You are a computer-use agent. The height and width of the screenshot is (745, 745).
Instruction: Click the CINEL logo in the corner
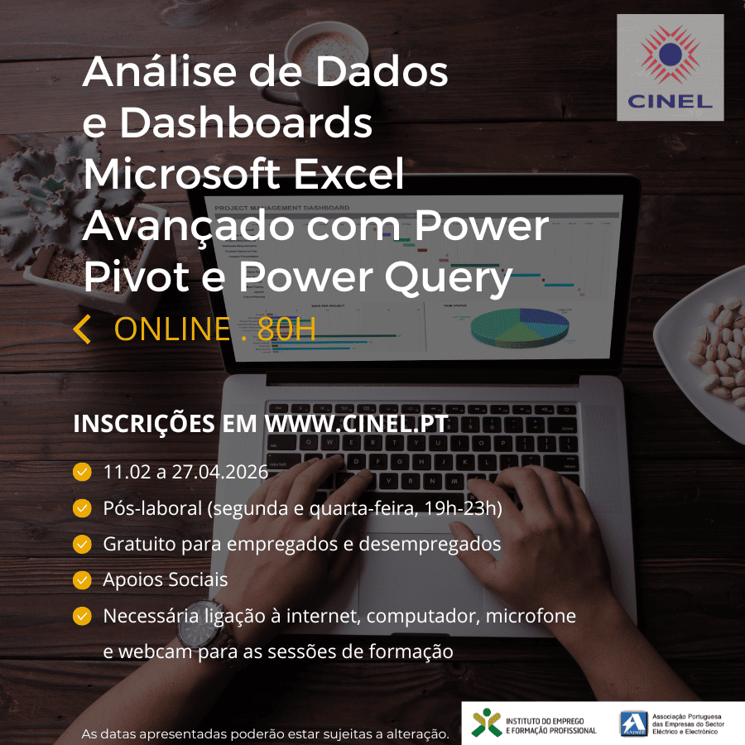click(x=670, y=67)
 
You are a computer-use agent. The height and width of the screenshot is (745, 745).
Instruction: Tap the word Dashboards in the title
click(x=246, y=123)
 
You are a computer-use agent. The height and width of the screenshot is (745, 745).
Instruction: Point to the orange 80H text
click(x=287, y=329)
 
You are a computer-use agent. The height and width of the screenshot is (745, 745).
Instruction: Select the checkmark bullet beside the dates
click(x=82, y=472)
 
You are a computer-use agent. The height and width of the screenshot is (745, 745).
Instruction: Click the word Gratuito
click(x=139, y=544)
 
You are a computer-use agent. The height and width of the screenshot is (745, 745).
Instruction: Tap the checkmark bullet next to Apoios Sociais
click(x=82, y=579)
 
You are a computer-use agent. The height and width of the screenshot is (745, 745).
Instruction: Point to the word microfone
click(x=531, y=616)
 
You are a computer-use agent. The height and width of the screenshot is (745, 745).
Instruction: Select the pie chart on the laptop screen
click(x=519, y=328)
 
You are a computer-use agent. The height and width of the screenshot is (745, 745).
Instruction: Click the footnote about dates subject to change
click(x=265, y=734)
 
